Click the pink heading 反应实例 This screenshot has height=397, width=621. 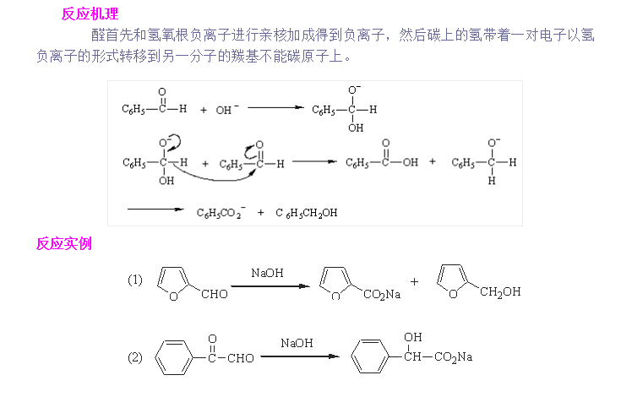[63, 244]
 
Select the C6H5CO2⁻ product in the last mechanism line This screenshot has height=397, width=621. [221, 213]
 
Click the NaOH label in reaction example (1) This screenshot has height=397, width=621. [267, 273]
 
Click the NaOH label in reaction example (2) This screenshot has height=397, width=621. [297, 343]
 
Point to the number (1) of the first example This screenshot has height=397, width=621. [135, 280]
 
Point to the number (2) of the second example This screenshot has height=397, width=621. [135, 357]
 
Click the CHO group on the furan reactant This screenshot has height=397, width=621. [215, 295]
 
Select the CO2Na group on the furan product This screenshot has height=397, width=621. [382, 295]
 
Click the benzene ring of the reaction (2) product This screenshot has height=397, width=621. [369, 357]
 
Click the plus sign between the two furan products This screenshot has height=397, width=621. [414, 281]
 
